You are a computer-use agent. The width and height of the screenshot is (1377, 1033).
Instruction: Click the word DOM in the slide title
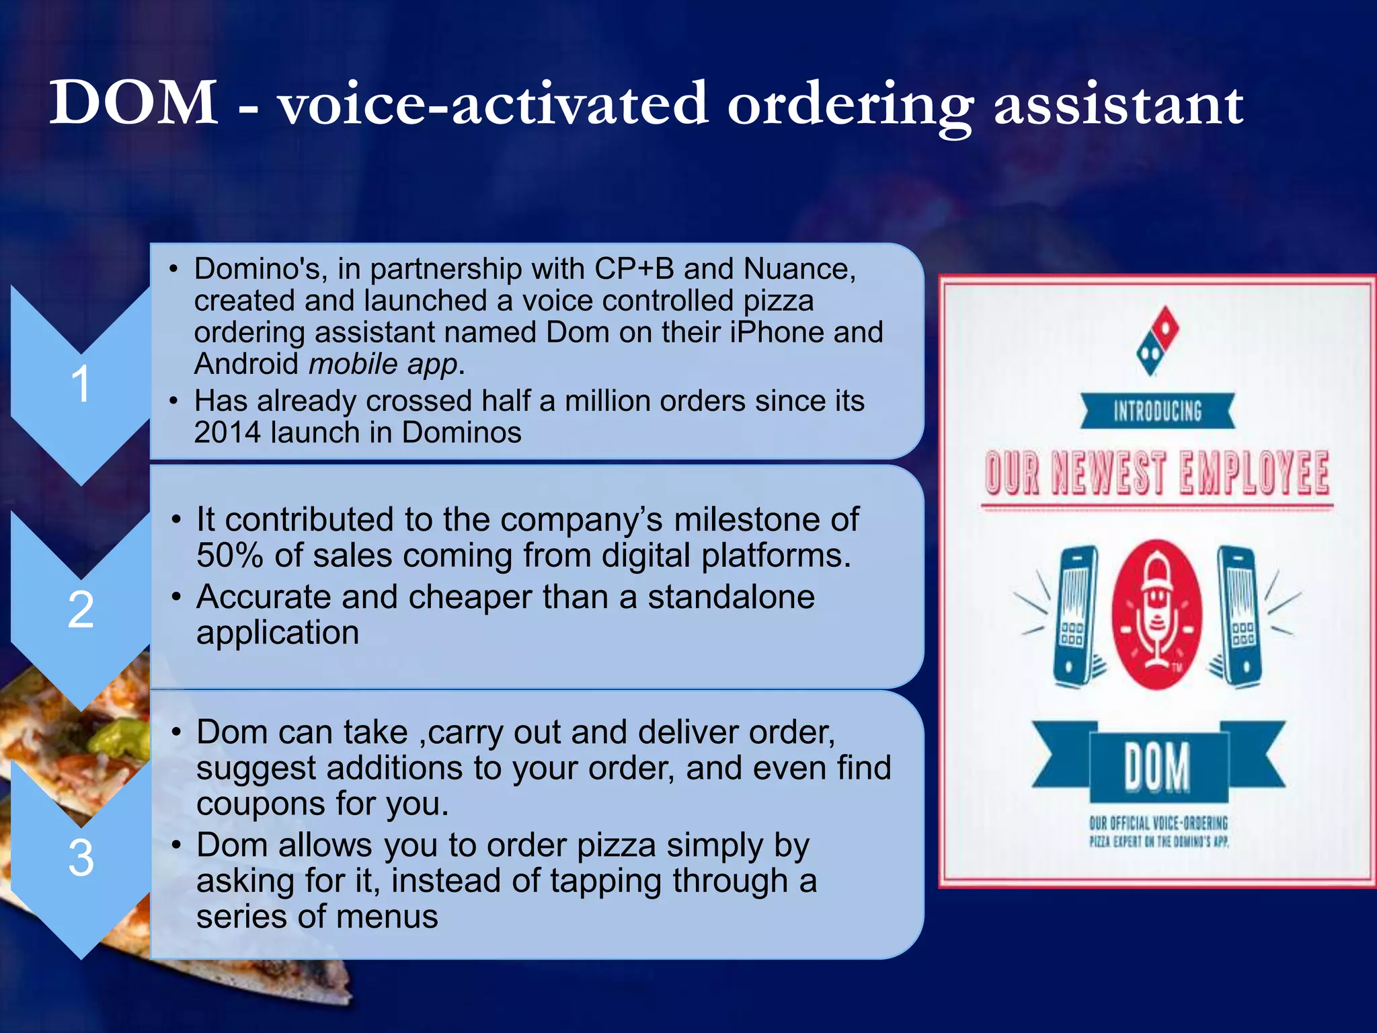133,104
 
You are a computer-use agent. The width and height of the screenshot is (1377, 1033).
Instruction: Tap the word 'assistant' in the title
1118,105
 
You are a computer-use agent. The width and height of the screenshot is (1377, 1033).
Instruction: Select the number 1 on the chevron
81,384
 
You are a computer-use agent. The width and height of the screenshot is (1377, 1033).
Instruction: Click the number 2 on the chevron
81,610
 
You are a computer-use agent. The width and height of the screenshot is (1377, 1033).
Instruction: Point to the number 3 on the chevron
81,858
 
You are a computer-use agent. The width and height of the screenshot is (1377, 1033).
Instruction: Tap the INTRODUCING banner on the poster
1158,411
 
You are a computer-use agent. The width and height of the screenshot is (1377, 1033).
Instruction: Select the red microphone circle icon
1156,614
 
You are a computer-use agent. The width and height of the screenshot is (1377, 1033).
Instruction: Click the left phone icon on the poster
1076,615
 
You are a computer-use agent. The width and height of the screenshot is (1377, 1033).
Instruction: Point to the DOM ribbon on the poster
1158,767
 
